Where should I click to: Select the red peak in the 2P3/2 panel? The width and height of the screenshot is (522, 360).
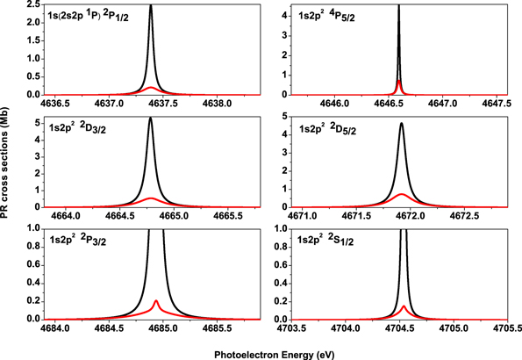coord(156,301)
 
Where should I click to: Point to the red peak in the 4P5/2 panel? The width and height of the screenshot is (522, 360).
coord(399,81)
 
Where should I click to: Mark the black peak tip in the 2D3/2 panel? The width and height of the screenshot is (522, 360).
coord(151,119)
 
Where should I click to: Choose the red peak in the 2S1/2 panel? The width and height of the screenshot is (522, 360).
coord(404,306)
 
